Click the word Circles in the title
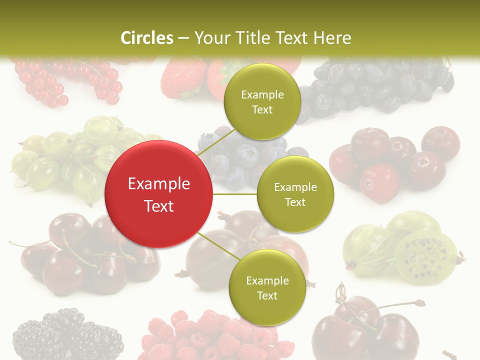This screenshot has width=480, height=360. coord(146,38)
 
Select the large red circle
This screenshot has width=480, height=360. coord(159,194)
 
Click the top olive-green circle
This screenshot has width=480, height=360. coord(262,102)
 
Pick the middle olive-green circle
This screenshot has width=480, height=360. coord(295,194)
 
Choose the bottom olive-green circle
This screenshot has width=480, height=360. coord(267,287)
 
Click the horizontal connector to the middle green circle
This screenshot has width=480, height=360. coord(235,193)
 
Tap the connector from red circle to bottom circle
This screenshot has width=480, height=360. coord(219,246)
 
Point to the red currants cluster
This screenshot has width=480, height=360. coord(65,80)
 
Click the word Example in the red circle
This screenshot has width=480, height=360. coord(159,184)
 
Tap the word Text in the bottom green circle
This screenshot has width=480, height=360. coord(267,295)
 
